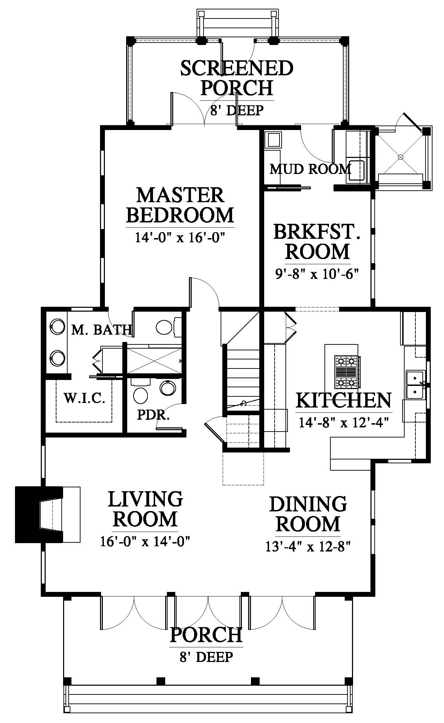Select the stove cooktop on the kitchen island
tap(346, 372)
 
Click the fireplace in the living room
tap(48, 514)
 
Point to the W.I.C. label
tap(84, 398)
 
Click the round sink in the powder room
tap(168, 387)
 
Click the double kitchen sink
tap(415, 385)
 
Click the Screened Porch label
tap(237, 78)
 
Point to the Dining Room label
tap(308, 513)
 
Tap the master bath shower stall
tap(154, 360)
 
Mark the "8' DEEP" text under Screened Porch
tap(237, 111)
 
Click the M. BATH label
tap(101, 329)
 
